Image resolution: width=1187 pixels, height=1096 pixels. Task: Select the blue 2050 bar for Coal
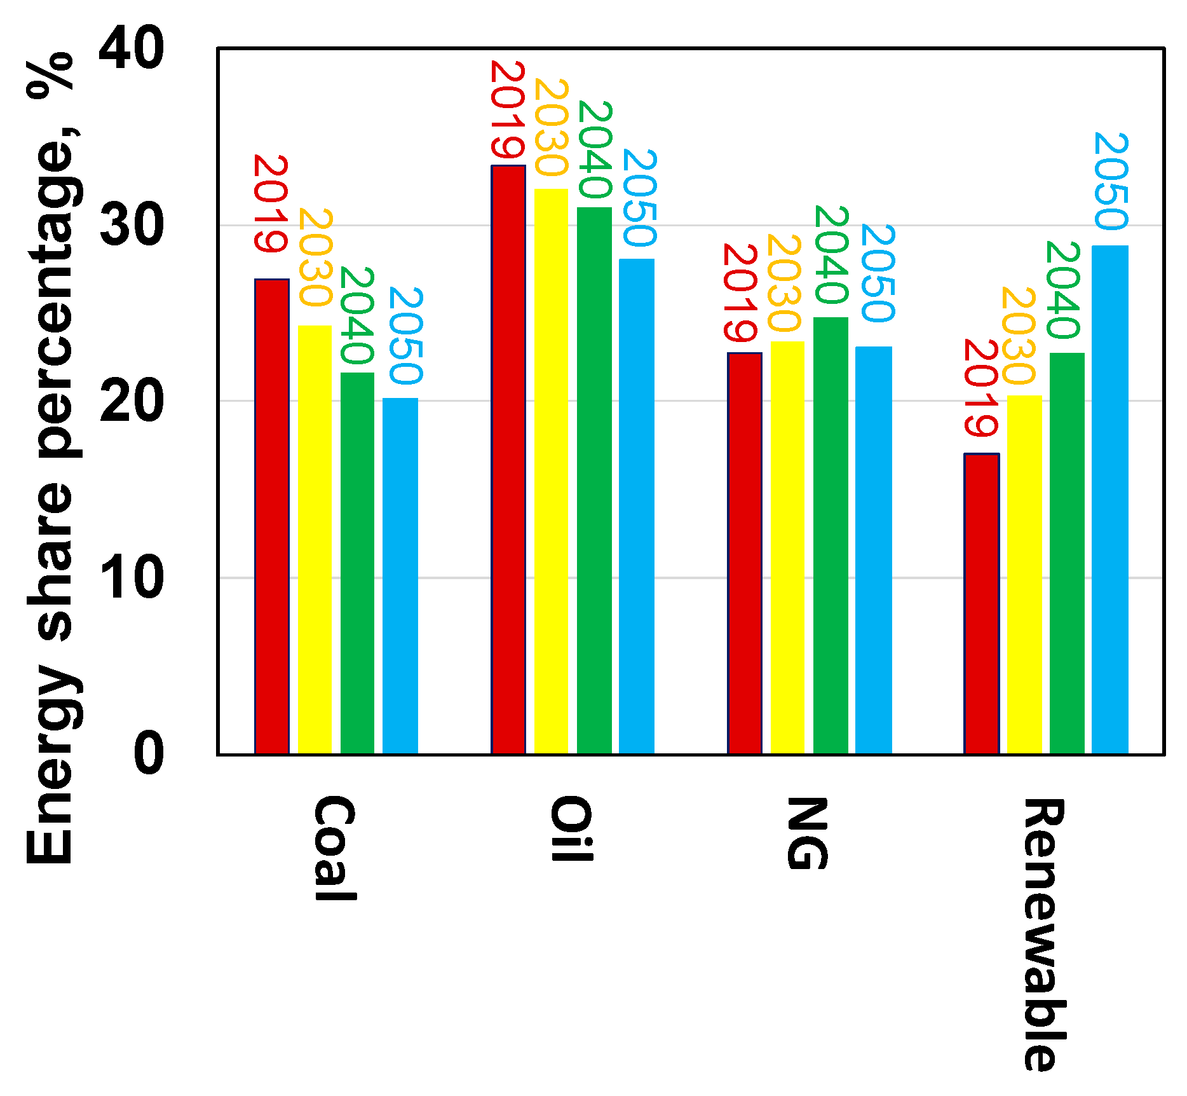tap(400, 576)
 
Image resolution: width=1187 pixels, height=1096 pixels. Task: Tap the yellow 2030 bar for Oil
tap(551, 471)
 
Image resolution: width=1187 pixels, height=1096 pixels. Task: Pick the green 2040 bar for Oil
tap(594, 481)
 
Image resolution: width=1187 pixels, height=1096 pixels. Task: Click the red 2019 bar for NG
tap(745, 553)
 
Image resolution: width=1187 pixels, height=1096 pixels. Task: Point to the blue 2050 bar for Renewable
tap(1110, 500)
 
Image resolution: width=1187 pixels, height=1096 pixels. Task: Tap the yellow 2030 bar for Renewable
tap(1024, 575)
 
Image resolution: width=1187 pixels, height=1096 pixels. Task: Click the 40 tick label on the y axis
tap(132, 49)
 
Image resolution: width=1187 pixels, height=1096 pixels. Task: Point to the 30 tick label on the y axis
tap(132, 226)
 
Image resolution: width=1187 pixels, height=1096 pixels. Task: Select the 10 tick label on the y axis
tap(132, 578)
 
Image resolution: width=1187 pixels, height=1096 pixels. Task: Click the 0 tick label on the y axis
tap(149, 755)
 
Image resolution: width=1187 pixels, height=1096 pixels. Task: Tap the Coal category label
tap(334, 848)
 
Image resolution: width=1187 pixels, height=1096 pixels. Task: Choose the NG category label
tap(807, 833)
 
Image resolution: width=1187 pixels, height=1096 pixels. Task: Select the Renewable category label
tap(1043, 935)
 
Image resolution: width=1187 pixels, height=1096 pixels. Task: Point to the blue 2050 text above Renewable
tap(1111, 181)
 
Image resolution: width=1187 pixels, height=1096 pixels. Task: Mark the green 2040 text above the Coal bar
tap(356, 315)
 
